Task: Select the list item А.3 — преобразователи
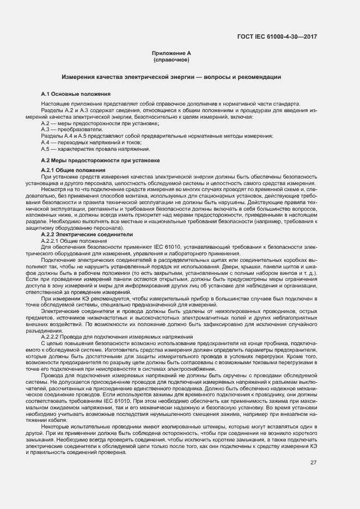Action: tap(64, 130)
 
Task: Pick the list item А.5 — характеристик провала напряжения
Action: tap(88, 149)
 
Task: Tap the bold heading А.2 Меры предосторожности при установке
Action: tap(100, 161)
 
